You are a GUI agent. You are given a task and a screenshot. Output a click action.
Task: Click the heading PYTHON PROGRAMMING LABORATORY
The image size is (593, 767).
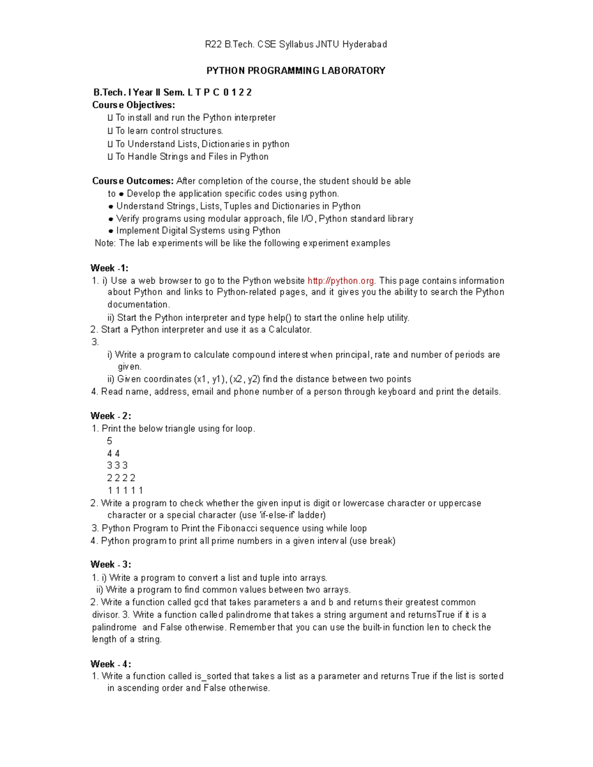coord(296,71)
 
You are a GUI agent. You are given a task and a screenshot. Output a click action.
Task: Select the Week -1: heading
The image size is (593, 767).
coord(109,268)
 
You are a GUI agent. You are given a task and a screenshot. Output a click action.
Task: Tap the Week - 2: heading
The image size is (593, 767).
coord(111,416)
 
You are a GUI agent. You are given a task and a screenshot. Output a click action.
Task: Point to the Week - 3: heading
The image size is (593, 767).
coord(111,565)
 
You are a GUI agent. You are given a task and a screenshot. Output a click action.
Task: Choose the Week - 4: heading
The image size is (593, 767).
coord(111,664)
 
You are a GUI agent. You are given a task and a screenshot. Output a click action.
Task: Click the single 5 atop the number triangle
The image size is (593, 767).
coord(110,441)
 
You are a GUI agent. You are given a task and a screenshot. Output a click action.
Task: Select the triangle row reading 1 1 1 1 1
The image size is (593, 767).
coord(125,490)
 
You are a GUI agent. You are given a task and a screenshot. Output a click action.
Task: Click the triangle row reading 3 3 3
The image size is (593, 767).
coord(117,465)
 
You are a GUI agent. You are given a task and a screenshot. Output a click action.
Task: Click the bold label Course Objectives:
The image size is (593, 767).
coord(133,105)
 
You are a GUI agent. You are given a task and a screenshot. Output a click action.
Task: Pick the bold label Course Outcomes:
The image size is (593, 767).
coord(133,181)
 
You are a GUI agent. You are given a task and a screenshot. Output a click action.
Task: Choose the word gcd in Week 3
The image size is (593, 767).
coord(201,602)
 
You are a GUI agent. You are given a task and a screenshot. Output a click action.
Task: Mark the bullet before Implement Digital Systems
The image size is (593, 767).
coord(111,231)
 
